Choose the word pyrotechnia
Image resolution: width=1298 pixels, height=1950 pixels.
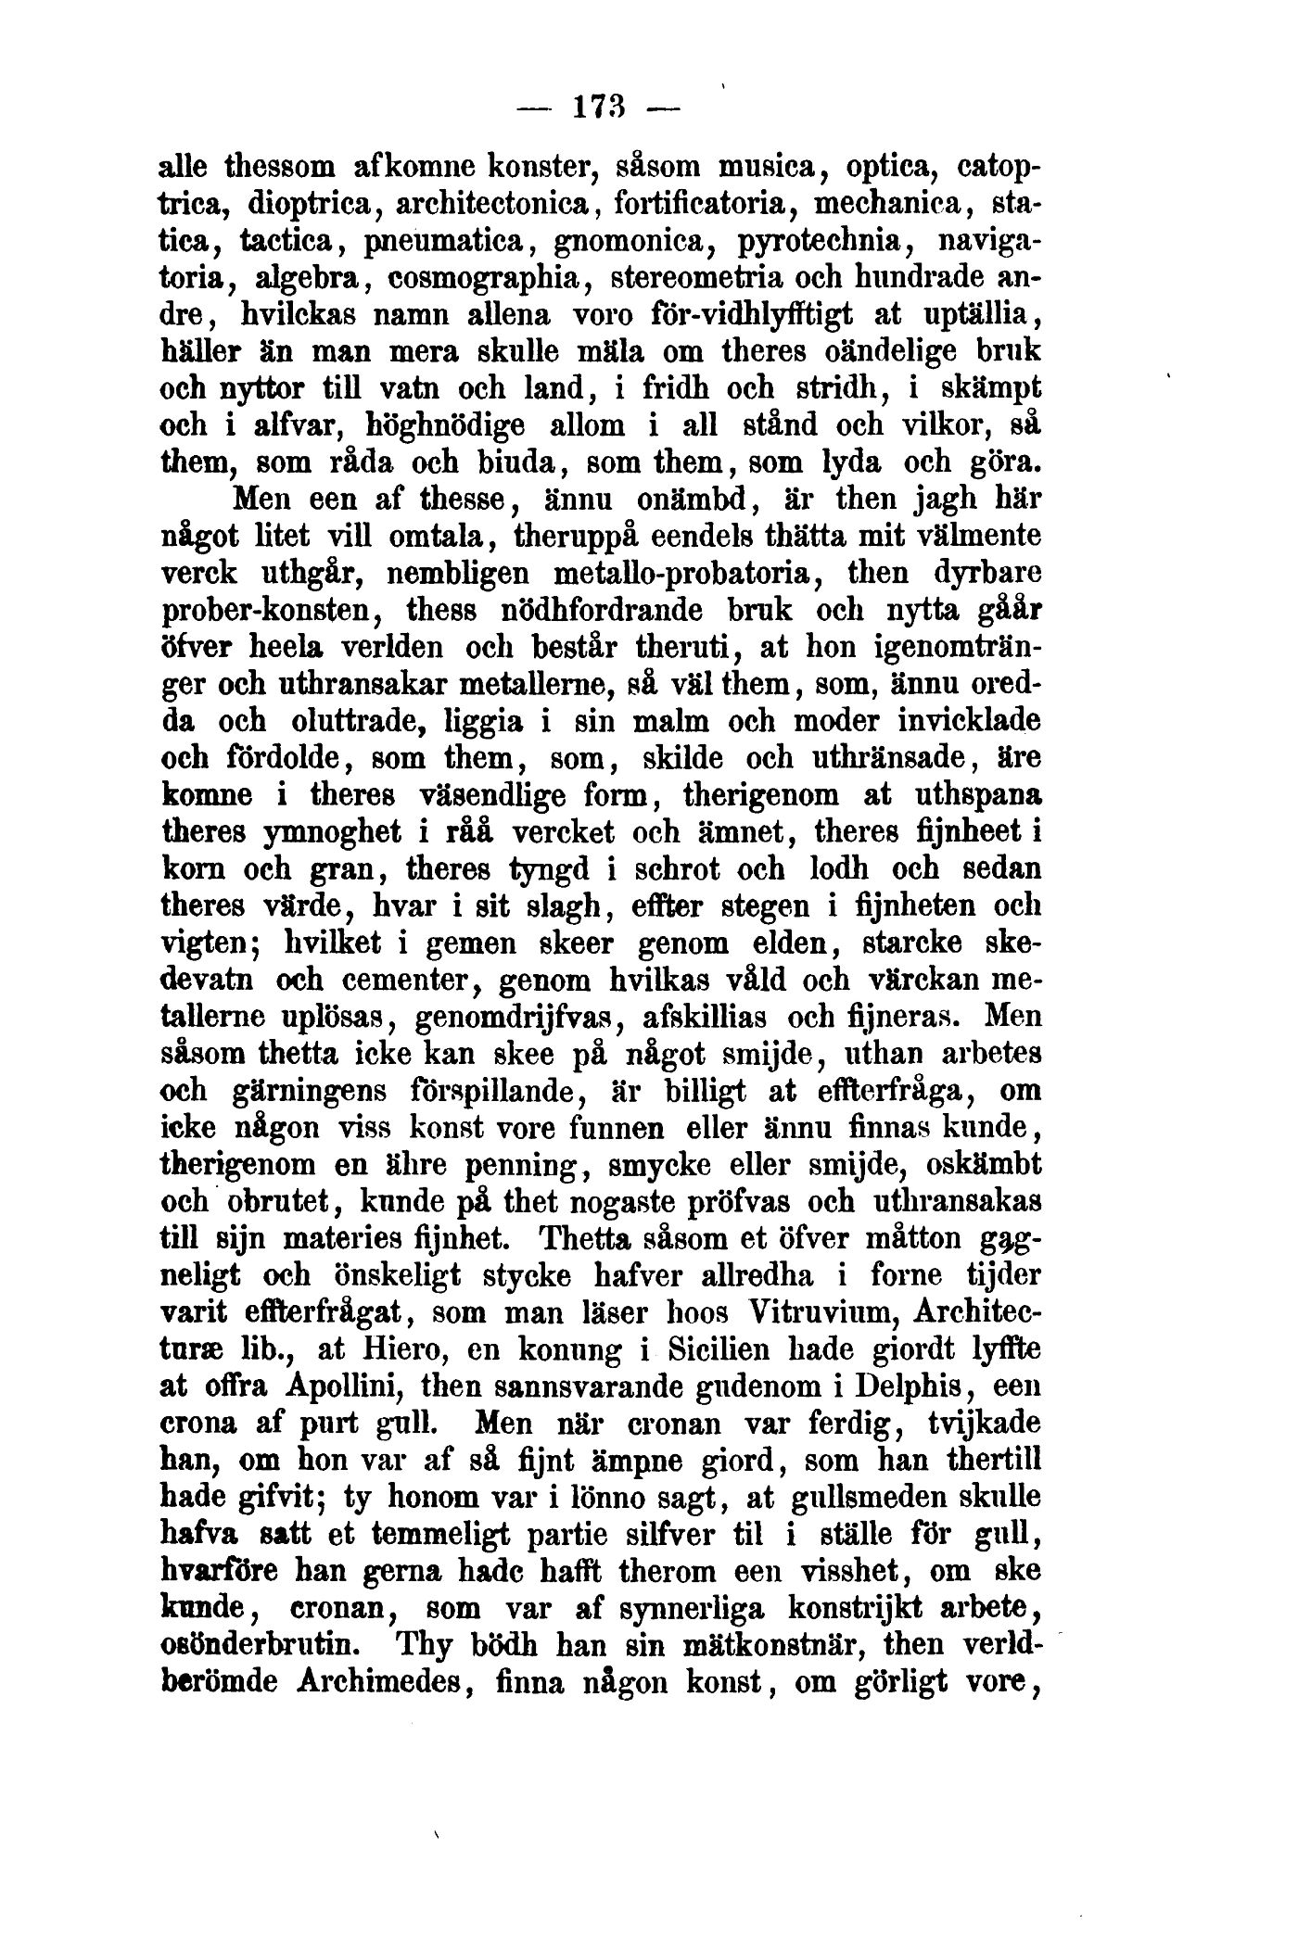click(x=816, y=241)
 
